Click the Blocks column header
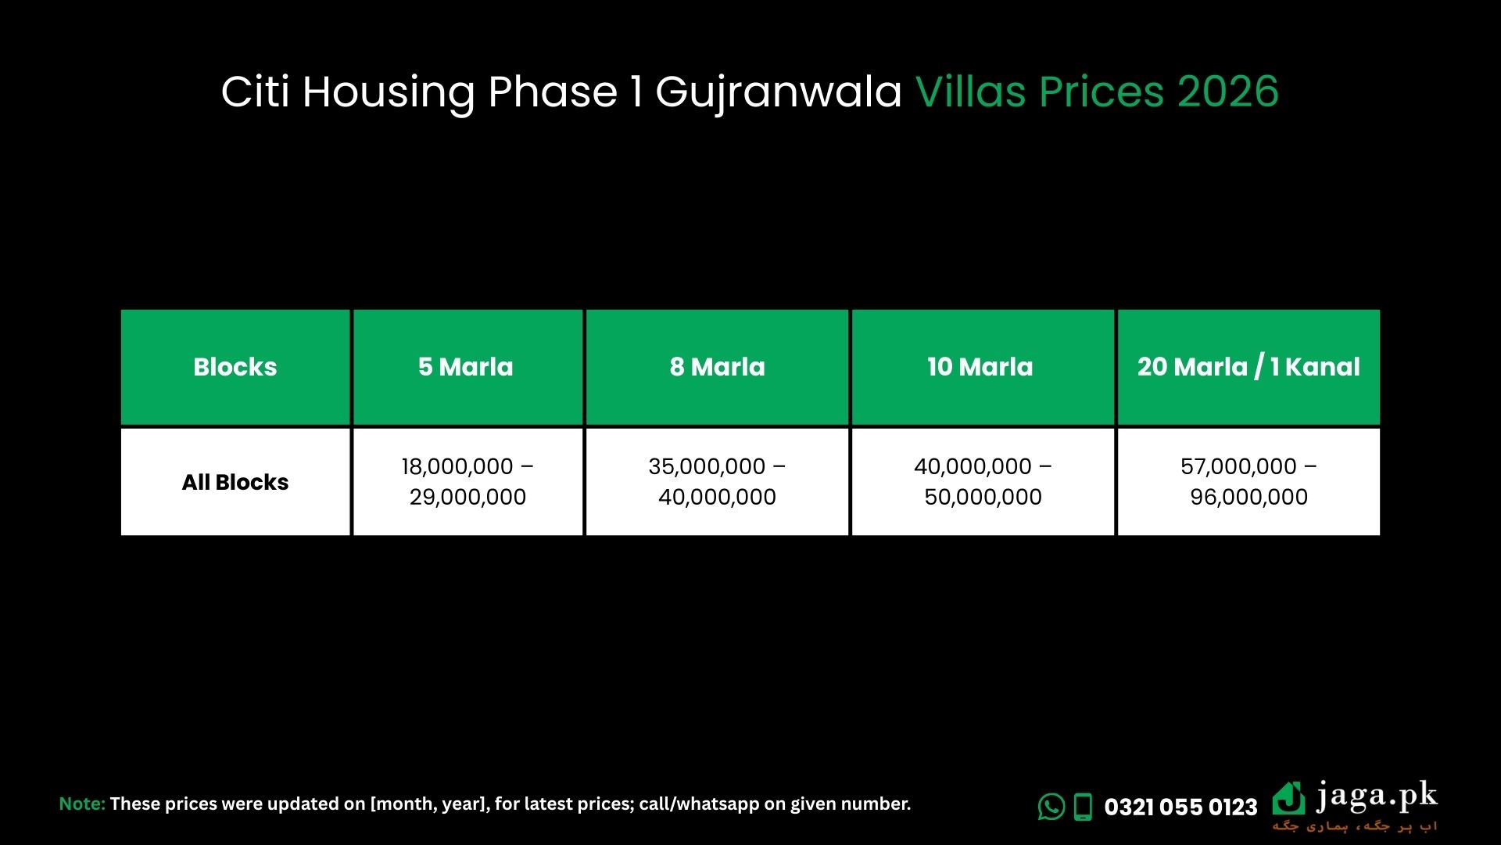[x=235, y=367]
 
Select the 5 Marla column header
[x=466, y=367]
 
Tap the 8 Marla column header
[x=718, y=367]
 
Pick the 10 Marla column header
[x=980, y=367]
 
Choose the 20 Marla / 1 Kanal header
[x=1248, y=367]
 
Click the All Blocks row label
[x=235, y=482]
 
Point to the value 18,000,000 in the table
[x=457, y=466]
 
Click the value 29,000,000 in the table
[x=467, y=497]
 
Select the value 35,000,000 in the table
[x=707, y=466]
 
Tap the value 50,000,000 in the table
[x=983, y=497]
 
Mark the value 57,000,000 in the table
[x=1239, y=466]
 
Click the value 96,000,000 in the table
[x=1248, y=497]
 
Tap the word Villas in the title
[x=970, y=91]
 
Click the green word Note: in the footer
[x=82, y=804]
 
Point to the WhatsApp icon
[x=1051, y=807]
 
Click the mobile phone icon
[x=1083, y=807]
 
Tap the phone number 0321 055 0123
[x=1180, y=807]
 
